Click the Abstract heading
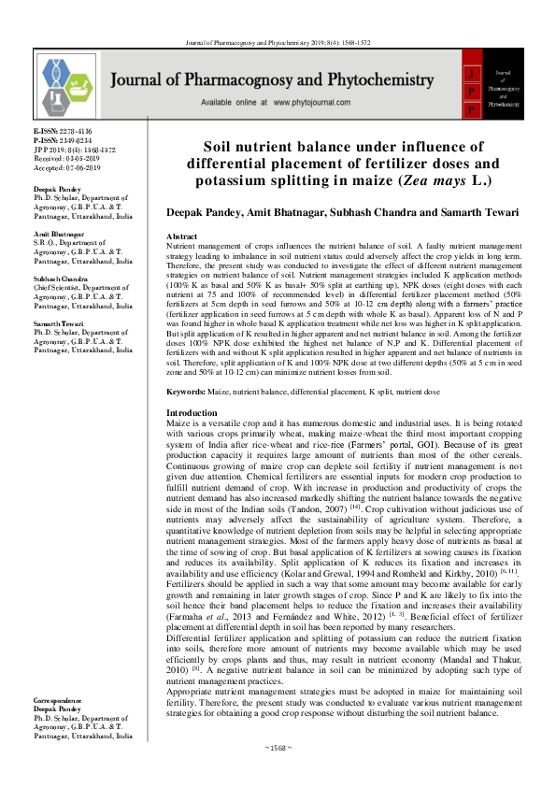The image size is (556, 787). pyautogui.click(x=181, y=238)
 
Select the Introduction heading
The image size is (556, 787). pyautogui.click(x=192, y=412)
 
